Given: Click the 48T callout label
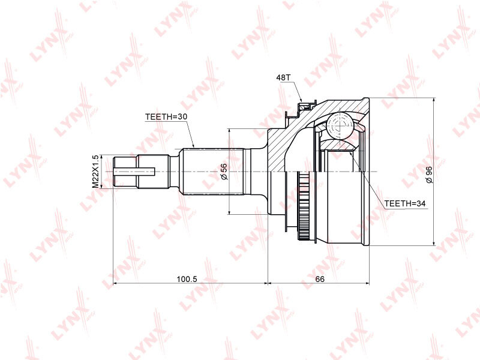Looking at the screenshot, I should (283, 78).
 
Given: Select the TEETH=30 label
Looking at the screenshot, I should (166, 116).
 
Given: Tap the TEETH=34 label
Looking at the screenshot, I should (404, 204).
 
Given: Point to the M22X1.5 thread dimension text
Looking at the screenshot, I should (95, 172).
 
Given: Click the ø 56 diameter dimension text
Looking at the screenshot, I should (223, 172).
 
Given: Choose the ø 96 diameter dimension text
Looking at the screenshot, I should (428, 172).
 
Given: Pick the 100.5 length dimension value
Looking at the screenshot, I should (188, 279).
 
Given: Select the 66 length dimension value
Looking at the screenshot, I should (320, 279).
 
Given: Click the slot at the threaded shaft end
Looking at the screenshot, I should (135, 172).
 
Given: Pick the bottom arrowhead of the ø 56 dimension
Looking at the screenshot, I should (230, 211).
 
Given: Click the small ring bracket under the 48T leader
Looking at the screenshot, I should (305, 107).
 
